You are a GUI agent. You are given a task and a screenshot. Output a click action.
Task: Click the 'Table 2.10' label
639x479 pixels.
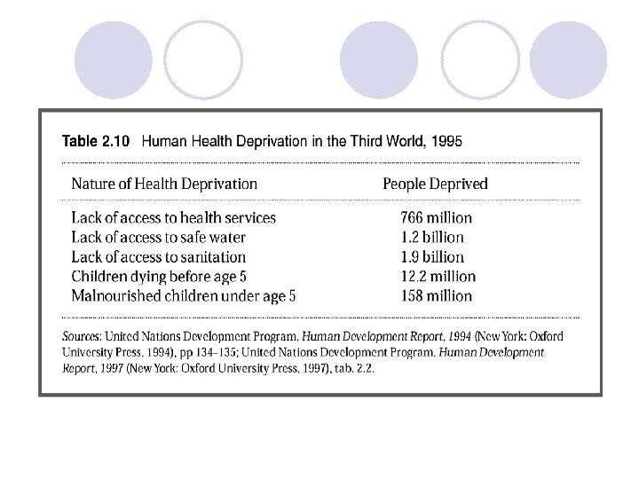(x=95, y=141)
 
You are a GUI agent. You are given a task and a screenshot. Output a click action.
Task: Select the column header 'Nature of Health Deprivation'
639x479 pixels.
(x=164, y=185)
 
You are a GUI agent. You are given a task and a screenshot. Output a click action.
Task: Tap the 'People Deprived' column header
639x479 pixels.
(x=435, y=185)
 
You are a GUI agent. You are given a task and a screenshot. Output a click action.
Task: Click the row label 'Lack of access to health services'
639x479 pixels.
(x=173, y=217)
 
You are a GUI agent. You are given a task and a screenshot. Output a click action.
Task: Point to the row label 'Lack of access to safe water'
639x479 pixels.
(x=158, y=237)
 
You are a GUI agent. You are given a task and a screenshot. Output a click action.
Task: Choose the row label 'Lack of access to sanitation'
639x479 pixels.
(x=158, y=257)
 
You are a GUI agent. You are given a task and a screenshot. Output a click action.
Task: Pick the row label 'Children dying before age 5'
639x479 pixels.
(x=159, y=277)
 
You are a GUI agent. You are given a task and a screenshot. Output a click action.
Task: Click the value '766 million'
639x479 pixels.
(x=436, y=217)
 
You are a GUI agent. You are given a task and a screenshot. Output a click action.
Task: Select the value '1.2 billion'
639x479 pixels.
(x=431, y=237)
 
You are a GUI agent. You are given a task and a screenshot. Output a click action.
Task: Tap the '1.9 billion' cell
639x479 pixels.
(x=431, y=257)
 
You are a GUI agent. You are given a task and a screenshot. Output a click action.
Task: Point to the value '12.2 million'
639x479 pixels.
(x=437, y=277)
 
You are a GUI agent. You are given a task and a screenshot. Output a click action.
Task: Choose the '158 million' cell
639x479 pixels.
(x=436, y=296)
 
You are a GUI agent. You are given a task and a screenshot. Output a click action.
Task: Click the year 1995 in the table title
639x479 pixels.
(x=446, y=141)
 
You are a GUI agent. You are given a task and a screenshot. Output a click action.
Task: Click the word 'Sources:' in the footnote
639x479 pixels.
(x=82, y=336)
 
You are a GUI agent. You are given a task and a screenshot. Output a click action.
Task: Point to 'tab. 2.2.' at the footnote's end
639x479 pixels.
(x=351, y=368)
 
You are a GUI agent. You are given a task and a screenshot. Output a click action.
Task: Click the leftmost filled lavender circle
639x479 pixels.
(x=114, y=59)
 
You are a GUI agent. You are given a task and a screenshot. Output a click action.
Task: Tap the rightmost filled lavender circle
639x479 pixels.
(x=568, y=59)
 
